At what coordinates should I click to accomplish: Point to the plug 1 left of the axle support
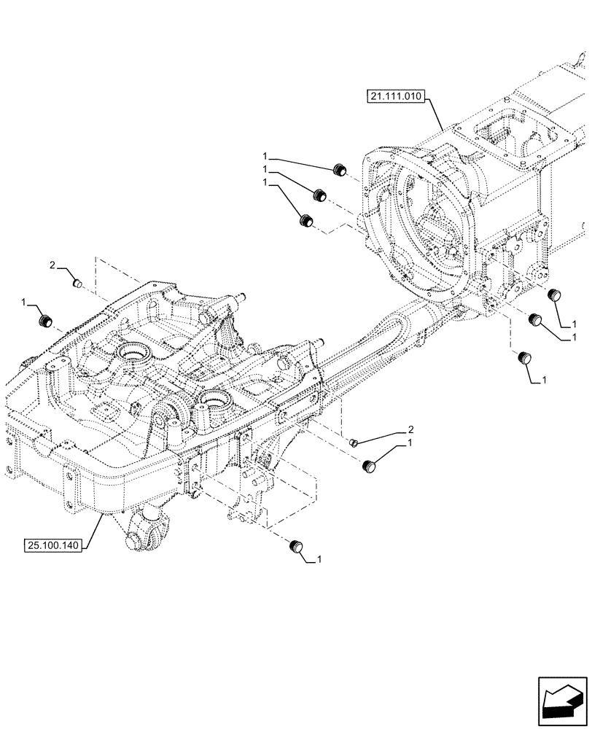[x=46, y=320]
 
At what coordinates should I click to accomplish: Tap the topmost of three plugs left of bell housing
[x=338, y=171]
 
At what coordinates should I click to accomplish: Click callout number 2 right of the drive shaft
[x=410, y=429]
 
